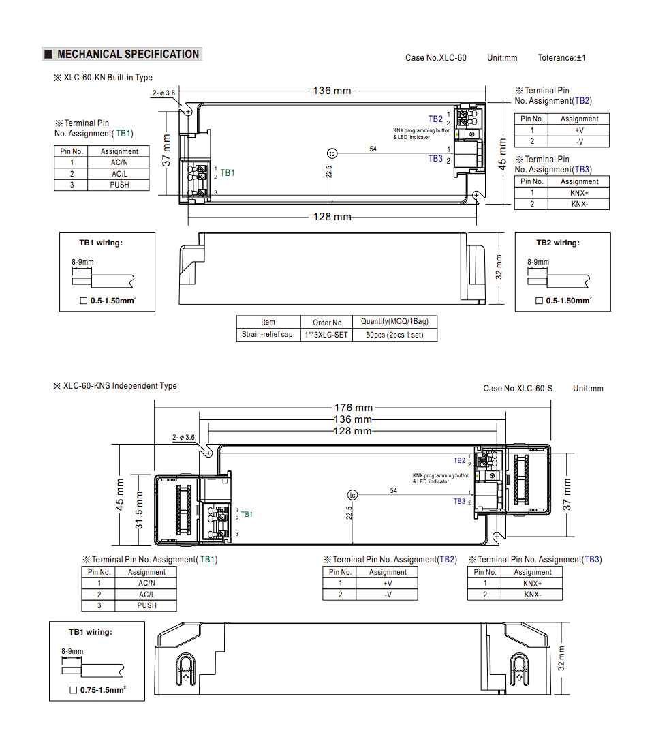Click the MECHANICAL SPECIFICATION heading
(x=128, y=54)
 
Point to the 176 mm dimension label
(x=354, y=408)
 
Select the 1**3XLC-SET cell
(x=326, y=335)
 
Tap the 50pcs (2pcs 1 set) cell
(x=394, y=335)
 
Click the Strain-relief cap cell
(x=267, y=334)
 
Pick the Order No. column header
(x=328, y=322)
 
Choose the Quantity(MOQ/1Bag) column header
(x=394, y=321)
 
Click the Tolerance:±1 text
(x=561, y=58)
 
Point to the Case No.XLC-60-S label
(x=518, y=389)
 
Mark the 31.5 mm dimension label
(x=139, y=511)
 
